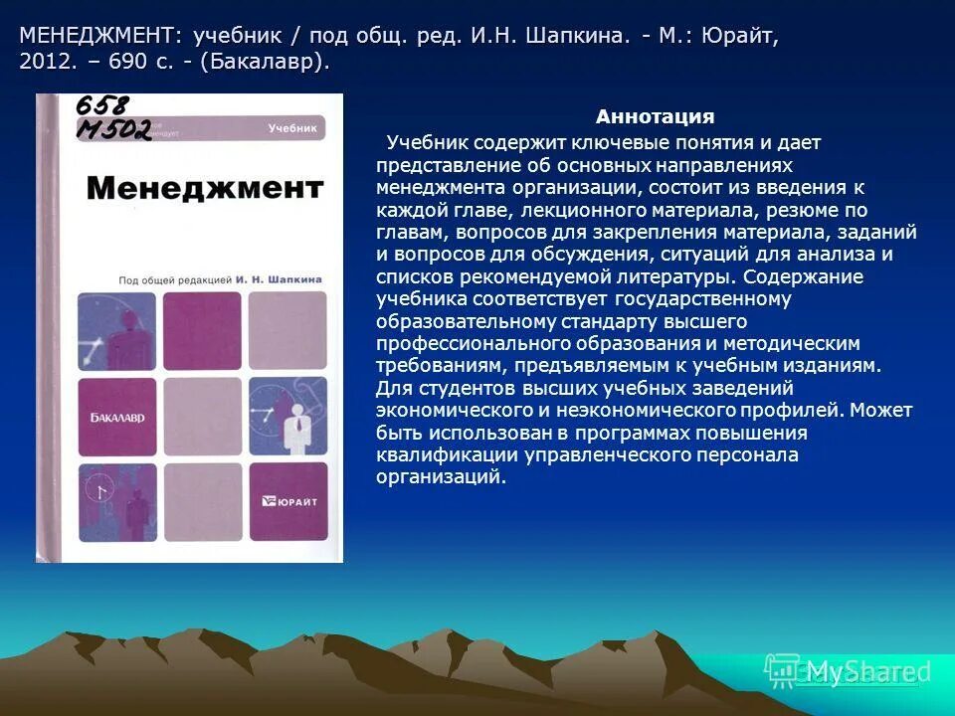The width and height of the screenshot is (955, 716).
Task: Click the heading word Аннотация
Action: click(655, 117)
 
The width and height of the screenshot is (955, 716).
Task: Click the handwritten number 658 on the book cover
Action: click(104, 106)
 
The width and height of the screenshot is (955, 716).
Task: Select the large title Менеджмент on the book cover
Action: click(204, 188)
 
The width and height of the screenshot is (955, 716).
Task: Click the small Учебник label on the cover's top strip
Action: click(291, 128)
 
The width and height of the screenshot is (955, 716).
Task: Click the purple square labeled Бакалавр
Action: click(117, 417)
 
